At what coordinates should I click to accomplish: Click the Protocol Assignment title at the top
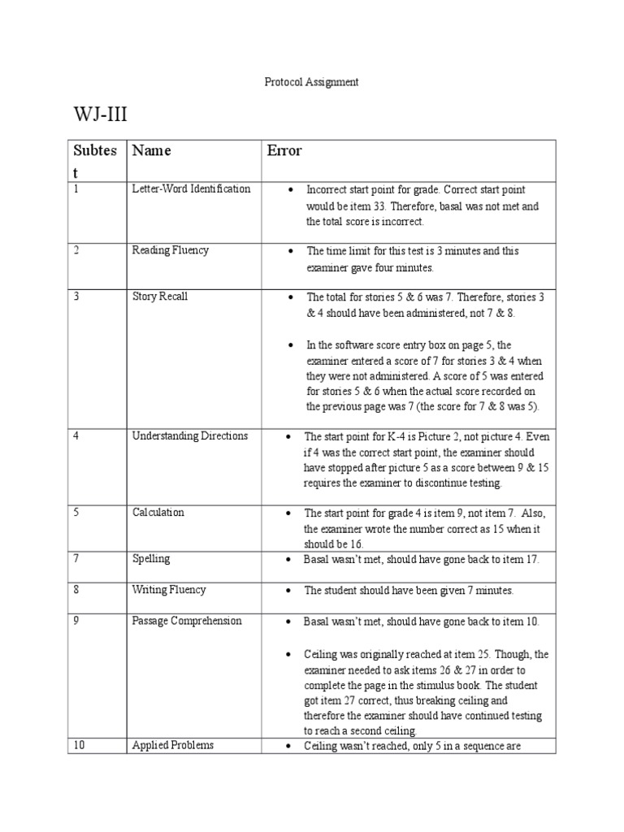point(312,82)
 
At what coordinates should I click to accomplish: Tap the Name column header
point(152,150)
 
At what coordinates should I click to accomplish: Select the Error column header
point(284,150)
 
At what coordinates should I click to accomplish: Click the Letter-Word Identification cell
point(191,188)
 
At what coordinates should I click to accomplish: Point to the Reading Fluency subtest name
point(170,250)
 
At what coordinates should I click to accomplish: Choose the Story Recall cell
point(159,297)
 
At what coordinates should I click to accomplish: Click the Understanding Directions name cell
point(189,436)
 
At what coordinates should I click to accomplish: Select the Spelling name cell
point(150,559)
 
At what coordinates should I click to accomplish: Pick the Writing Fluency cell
point(169,590)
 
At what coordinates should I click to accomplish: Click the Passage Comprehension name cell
point(187,621)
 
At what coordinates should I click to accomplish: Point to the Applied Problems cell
point(173,745)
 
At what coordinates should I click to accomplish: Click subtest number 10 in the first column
point(79,745)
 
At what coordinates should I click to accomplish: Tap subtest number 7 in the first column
point(76,559)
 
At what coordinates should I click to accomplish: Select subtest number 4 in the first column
point(76,436)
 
